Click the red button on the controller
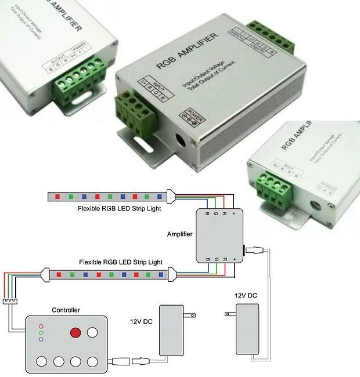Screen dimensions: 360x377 pyautogui.click(x=75, y=333)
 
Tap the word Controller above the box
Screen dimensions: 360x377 pyautogui.click(x=66, y=310)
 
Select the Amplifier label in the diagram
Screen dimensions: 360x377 pyautogui.click(x=179, y=234)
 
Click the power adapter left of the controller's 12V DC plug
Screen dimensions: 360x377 pyautogui.click(x=171, y=331)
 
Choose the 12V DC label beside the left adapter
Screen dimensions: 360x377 pyautogui.click(x=141, y=321)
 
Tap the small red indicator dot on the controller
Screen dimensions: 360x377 pyautogui.click(x=41, y=327)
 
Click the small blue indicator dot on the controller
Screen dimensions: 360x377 pyautogui.click(x=41, y=339)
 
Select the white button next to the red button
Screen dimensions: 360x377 pyautogui.click(x=92, y=333)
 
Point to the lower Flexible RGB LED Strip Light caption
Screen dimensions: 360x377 pyautogui.click(x=120, y=262)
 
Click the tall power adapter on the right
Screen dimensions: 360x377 pyautogui.click(x=246, y=329)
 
